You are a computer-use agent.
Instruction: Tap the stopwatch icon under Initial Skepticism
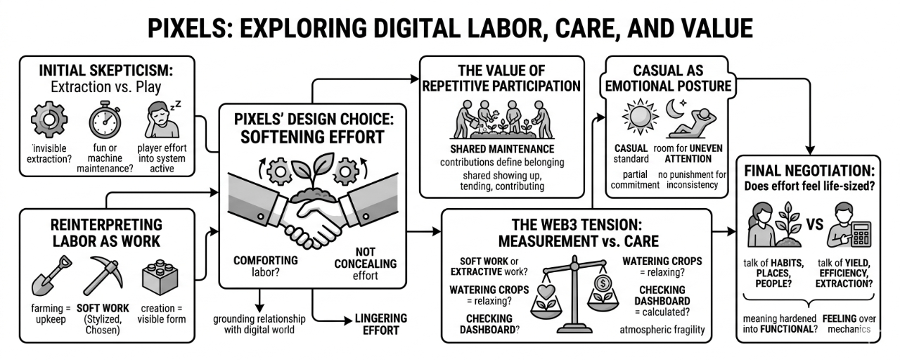pyautogui.click(x=105, y=120)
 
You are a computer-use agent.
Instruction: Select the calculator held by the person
pyautogui.click(x=861, y=233)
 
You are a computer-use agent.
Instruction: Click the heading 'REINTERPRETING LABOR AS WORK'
pyautogui.click(x=106, y=233)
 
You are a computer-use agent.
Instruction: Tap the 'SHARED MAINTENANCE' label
pyautogui.click(x=501, y=149)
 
